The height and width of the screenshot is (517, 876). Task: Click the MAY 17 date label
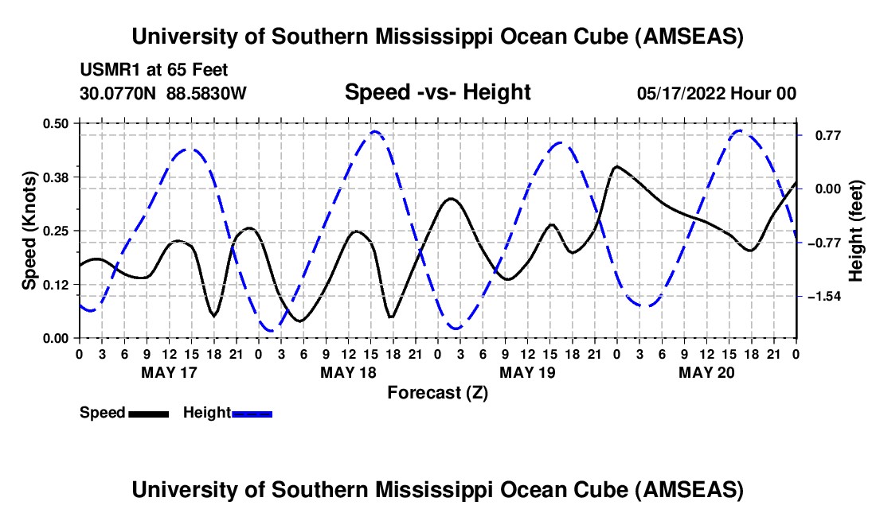click(168, 372)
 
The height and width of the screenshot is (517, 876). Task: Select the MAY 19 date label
click(526, 372)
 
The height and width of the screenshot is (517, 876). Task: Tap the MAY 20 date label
click(706, 372)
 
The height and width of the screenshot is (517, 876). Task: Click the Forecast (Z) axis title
click(437, 392)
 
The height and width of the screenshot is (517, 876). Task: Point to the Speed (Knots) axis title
click(29, 231)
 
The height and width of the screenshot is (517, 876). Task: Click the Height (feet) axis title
click(856, 231)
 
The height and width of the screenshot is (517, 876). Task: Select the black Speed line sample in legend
click(148, 414)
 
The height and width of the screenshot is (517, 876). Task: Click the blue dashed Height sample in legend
click(252, 414)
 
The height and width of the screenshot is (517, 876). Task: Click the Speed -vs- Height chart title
click(437, 93)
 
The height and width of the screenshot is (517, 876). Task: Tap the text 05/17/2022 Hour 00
click(716, 94)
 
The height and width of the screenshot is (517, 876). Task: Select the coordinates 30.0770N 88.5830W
click(163, 94)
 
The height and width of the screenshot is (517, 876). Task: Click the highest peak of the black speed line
click(616, 166)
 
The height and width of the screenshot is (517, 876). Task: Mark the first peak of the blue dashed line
click(190, 149)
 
